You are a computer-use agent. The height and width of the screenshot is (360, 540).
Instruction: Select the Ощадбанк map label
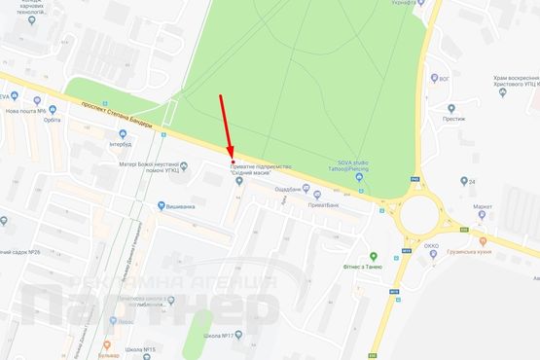tap(291, 188)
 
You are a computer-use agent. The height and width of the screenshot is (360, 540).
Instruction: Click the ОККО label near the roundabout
tap(433, 247)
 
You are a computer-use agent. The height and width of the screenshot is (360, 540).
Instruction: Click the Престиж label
tap(453, 119)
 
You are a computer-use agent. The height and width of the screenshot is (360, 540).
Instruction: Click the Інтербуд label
tap(121, 144)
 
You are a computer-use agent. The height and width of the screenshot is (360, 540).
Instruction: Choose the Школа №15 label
tap(141, 347)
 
